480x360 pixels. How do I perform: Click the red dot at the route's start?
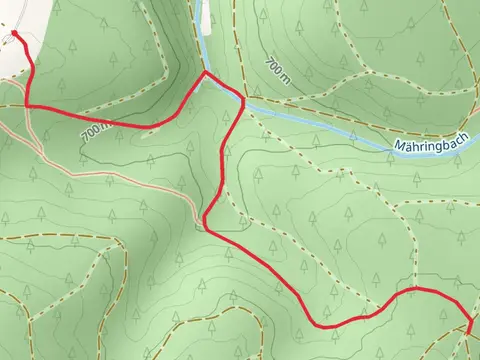tap(15, 34)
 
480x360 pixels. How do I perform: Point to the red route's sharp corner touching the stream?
tap(206, 73)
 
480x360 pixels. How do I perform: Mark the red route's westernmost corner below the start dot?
tap(26, 104)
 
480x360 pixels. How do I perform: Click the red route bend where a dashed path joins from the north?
tap(413, 289)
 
